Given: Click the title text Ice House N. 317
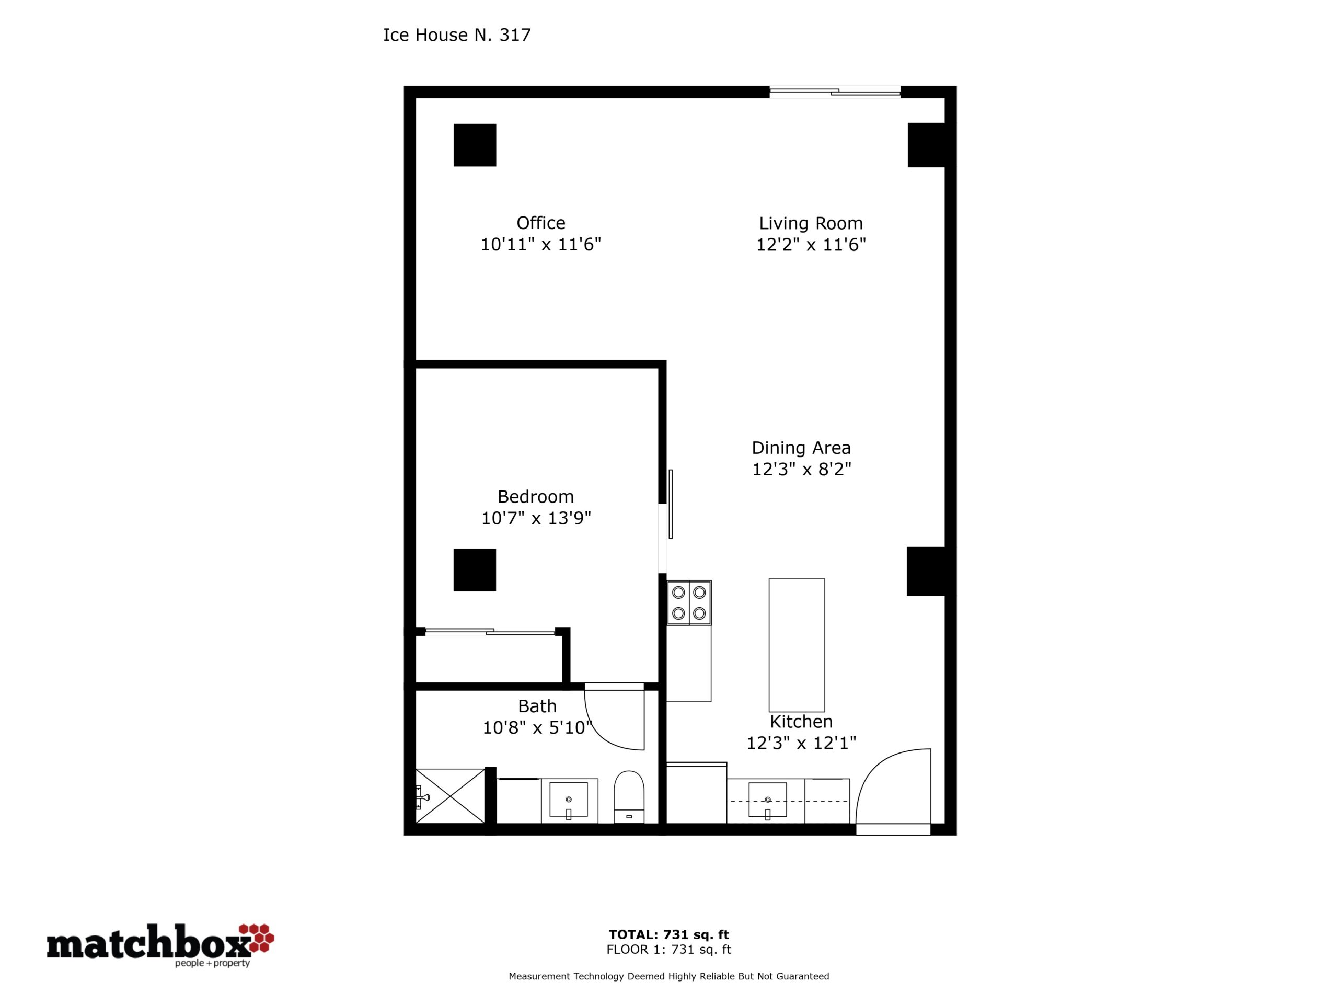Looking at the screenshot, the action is click(457, 35).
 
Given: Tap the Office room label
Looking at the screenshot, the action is click(541, 223).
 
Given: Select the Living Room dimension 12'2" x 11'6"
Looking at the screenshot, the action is click(811, 245).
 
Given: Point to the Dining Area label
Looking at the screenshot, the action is click(801, 448).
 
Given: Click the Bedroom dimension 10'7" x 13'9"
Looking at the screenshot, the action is click(535, 518).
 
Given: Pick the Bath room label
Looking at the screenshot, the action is click(537, 706).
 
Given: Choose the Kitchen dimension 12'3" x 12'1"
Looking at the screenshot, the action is click(801, 743).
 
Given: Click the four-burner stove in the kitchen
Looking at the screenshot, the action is click(689, 603).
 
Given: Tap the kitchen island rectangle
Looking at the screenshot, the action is click(797, 645).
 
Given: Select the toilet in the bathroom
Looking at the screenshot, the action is click(629, 797).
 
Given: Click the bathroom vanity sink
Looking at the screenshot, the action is click(568, 800).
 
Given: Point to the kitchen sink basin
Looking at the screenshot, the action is click(768, 800).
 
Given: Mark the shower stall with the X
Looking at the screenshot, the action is click(451, 796).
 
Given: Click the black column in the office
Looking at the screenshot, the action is click(475, 145).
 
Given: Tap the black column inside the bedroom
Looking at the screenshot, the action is click(475, 570).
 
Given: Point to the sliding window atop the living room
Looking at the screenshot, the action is click(835, 92).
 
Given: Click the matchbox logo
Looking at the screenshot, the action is click(160, 945).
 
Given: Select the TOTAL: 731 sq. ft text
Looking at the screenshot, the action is click(669, 935).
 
